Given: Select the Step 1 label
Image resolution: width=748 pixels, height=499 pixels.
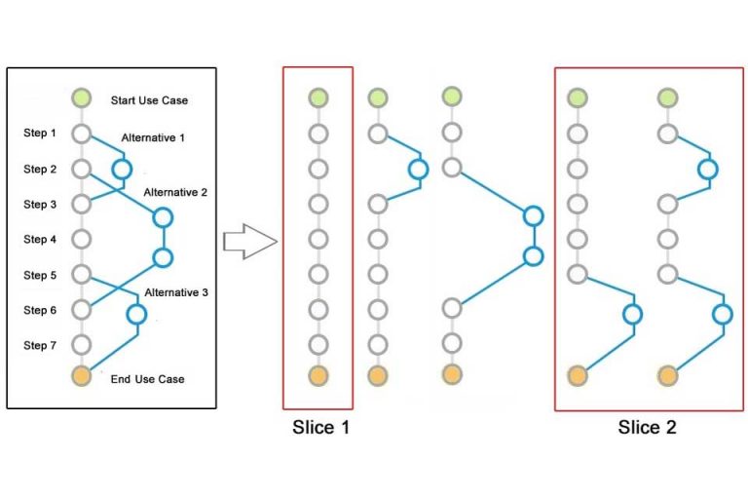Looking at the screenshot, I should tap(40, 134).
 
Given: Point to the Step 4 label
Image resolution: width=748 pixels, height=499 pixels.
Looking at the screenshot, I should tap(40, 240).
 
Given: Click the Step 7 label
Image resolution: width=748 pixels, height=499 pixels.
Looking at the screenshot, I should tap(40, 345).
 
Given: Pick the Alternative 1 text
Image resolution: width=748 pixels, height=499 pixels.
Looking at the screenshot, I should tap(153, 138).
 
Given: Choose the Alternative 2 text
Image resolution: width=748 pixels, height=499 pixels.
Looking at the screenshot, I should tap(175, 192).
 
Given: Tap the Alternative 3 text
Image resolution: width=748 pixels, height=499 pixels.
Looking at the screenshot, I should tap(176, 291).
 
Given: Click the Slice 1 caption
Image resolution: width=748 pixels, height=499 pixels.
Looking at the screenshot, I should tap(318, 427).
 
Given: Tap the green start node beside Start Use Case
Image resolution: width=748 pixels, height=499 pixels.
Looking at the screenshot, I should tap(82, 98).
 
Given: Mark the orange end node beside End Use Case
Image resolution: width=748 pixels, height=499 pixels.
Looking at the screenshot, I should tap(82, 375).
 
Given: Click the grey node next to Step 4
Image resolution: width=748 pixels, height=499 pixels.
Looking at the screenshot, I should tap(82, 239).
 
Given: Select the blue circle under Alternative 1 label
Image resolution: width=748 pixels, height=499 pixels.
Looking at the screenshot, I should tap(122, 170).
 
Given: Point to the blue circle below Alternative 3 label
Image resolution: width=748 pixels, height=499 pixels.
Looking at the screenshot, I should tap(136, 313).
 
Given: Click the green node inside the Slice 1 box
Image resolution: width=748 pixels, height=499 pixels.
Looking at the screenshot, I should tap(318, 97).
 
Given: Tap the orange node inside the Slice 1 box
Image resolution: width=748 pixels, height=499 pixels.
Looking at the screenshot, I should tap(318, 375).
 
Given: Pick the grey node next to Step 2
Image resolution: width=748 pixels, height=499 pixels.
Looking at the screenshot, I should tap(82, 169).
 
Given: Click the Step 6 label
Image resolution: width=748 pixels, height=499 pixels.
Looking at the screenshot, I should tap(40, 310).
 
